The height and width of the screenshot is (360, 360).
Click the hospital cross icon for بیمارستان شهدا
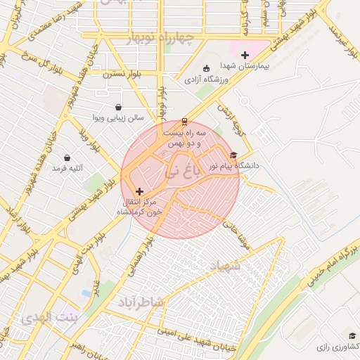[x=245, y=55]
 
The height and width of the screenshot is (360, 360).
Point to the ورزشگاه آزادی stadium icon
[x=206, y=69]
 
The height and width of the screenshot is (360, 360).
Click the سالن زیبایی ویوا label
[x=120, y=118]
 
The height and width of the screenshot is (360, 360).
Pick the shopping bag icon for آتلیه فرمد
[x=67, y=158]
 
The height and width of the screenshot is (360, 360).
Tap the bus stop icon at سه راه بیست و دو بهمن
[x=185, y=121]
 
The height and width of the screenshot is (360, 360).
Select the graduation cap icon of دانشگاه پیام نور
[x=233, y=155]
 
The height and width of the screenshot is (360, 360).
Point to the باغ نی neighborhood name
[x=181, y=171]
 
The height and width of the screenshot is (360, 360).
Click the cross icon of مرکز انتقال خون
[x=139, y=191]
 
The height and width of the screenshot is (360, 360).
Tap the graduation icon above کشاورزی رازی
[x=352, y=336]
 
